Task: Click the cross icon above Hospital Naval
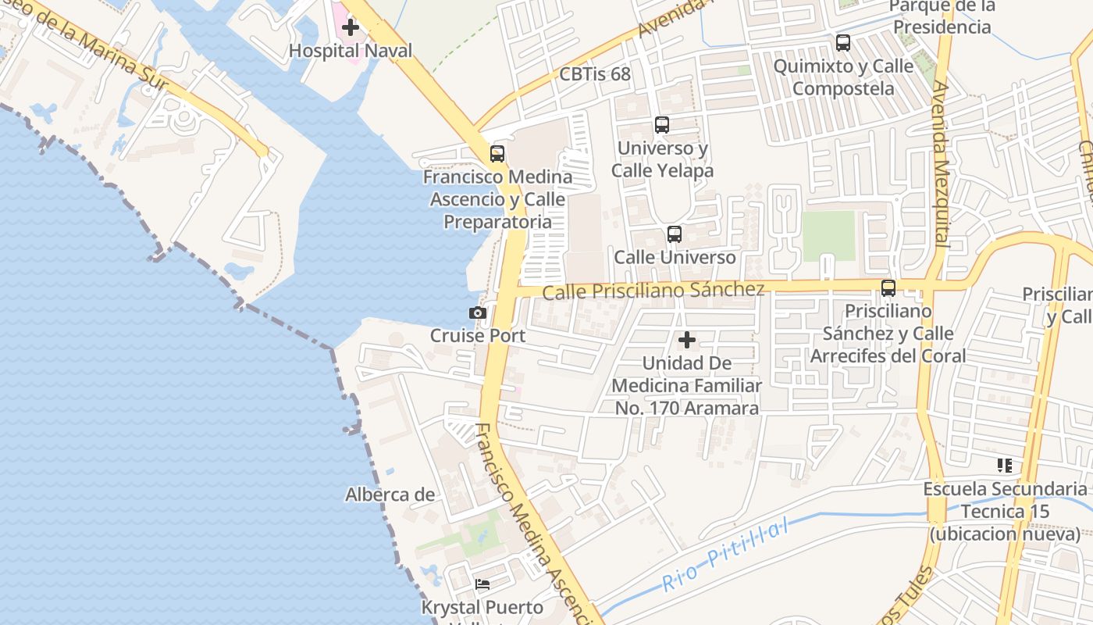click(x=351, y=27)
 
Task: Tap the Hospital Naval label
click(x=351, y=51)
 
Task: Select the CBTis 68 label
click(x=595, y=74)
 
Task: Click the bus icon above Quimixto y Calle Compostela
click(x=843, y=43)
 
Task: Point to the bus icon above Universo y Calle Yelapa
click(x=662, y=125)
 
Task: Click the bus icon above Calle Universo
click(x=675, y=234)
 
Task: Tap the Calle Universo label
click(x=675, y=257)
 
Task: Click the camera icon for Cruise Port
click(x=478, y=312)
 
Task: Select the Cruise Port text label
click(x=478, y=336)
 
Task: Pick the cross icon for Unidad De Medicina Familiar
click(x=687, y=340)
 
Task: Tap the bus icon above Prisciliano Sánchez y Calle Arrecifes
click(x=888, y=287)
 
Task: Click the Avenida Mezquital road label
click(x=940, y=164)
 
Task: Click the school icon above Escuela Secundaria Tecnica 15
click(x=1005, y=466)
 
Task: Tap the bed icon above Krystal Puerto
click(x=482, y=584)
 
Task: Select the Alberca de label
click(x=390, y=495)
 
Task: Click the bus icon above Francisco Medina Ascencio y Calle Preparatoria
click(x=497, y=154)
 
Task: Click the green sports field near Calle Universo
click(x=828, y=236)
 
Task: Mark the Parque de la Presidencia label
click(x=942, y=17)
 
